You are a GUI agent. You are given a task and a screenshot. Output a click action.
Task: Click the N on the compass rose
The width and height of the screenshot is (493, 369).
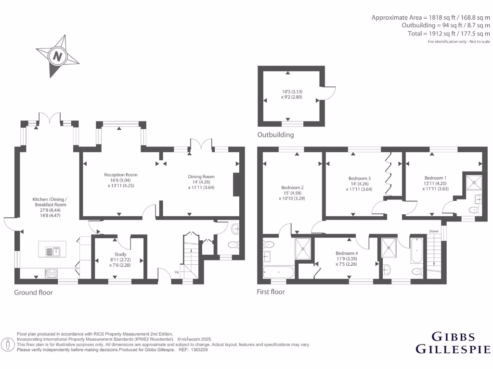pyautogui.click(x=58, y=56)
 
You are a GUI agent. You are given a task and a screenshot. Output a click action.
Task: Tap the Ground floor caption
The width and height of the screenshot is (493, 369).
pyautogui.click(x=33, y=292)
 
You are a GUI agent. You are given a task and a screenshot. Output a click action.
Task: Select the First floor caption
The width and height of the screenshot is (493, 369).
pyautogui.click(x=271, y=292)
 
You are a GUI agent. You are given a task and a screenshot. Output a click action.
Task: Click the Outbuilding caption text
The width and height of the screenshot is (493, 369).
pyautogui.click(x=275, y=135)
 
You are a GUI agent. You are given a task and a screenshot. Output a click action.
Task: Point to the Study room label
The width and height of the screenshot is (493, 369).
pyautogui.click(x=120, y=254)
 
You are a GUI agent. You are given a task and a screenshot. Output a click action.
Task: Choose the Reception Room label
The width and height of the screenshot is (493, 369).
pyautogui.click(x=121, y=175)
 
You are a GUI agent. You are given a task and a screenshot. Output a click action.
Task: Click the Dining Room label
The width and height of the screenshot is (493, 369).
pyautogui.click(x=201, y=177)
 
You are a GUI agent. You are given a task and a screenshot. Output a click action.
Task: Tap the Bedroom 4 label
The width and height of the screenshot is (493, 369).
pyautogui.click(x=347, y=253)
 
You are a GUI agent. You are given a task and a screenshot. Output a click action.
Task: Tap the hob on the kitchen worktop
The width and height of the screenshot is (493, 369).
pyautogui.click(x=51, y=273)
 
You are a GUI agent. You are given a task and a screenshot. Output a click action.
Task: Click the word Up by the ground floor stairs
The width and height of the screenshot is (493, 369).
pyautogui.click(x=176, y=272)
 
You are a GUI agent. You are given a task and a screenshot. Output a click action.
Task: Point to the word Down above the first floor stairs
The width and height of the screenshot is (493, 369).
pyautogui.click(x=434, y=232)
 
